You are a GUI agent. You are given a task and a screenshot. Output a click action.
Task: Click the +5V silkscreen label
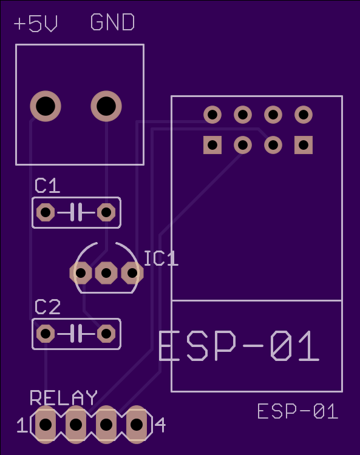[x=36, y=22]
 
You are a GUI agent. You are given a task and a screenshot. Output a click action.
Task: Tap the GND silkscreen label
[x=112, y=22]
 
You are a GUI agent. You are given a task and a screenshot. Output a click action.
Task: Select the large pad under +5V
[x=46, y=106]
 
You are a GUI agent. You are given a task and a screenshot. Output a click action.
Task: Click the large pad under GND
[x=106, y=106]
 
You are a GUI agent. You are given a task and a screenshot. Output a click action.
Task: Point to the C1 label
[x=47, y=186]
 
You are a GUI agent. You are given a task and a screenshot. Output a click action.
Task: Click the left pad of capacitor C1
[x=46, y=212]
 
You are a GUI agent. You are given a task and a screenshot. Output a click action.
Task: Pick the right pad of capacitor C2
[x=106, y=334]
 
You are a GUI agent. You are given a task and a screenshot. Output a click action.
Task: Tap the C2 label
[x=47, y=307]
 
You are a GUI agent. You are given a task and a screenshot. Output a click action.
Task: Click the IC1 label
[x=161, y=258]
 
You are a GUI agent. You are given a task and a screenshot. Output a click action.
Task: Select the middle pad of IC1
[x=106, y=273]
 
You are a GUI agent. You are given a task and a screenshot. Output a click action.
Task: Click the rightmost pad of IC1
[x=132, y=273]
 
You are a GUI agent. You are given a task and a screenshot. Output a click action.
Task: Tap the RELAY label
[x=64, y=397]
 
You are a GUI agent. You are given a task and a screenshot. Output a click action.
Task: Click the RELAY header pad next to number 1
[x=46, y=425]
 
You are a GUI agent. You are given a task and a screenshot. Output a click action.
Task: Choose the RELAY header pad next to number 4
[x=137, y=425]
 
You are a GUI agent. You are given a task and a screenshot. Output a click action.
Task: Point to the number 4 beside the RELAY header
[x=160, y=425]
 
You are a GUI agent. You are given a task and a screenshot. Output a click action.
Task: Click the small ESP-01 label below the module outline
[x=298, y=411]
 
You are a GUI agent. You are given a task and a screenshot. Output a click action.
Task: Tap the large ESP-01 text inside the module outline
[x=239, y=346]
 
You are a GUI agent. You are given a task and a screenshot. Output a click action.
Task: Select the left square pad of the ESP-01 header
[x=212, y=145]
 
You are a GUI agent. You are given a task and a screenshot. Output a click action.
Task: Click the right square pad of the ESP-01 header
[x=304, y=145]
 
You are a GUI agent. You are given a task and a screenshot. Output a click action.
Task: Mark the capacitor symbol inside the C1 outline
[x=76, y=212]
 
